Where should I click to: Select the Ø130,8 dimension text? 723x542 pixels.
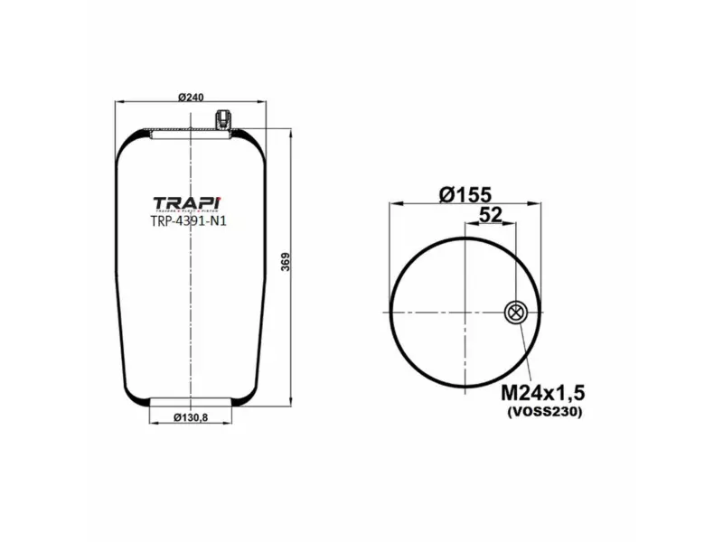191,417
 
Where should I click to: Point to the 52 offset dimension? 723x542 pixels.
490,214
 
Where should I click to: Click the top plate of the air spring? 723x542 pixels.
191,134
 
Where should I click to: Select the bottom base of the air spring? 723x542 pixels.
191,401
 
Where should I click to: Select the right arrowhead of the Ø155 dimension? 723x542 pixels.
540,203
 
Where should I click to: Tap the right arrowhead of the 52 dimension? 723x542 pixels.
512,223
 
